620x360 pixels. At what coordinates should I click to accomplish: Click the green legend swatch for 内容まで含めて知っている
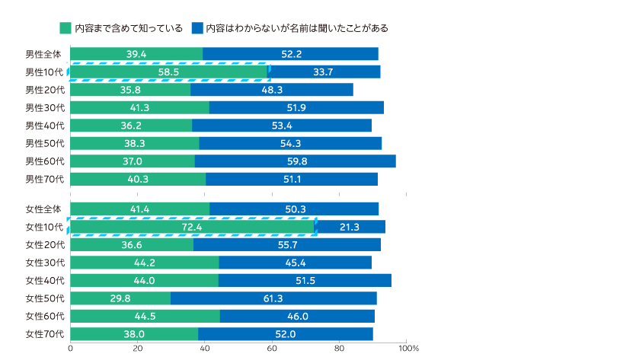(65, 28)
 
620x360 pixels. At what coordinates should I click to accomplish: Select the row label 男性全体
(43, 53)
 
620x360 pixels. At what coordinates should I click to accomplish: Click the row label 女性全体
(43, 209)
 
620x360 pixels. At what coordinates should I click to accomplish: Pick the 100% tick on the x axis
(408, 348)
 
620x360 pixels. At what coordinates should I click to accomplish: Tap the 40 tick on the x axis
(205, 348)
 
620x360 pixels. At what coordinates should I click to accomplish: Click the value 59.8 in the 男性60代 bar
(295, 161)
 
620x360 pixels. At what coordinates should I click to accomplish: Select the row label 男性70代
(43, 179)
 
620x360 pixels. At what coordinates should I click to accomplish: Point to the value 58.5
(168, 72)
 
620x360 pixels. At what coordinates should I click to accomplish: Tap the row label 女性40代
(43, 280)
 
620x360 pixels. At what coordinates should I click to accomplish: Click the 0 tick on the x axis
(71, 348)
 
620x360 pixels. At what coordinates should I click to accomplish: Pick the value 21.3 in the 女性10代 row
(350, 226)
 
